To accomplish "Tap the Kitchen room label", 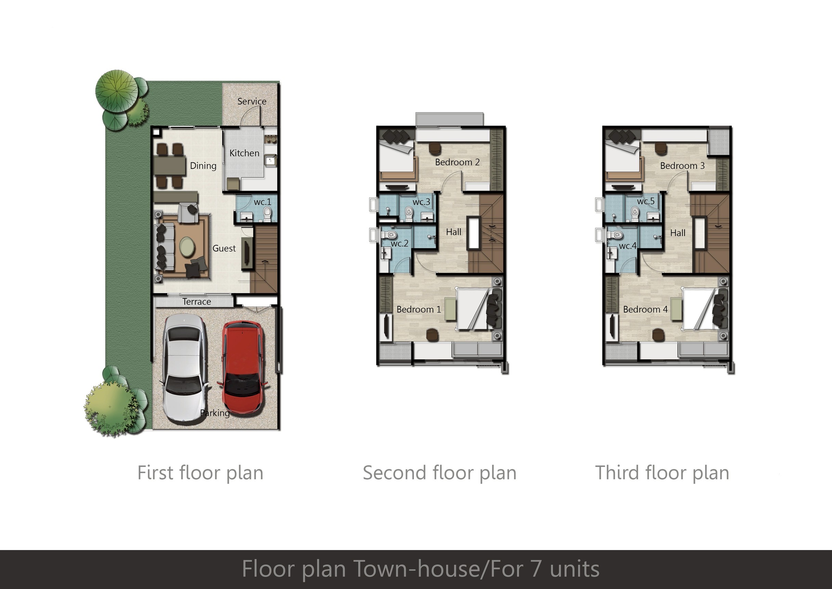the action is [x=244, y=153].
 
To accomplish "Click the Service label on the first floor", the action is [x=252, y=101].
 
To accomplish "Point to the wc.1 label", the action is [x=262, y=202].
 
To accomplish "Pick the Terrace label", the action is [x=196, y=302].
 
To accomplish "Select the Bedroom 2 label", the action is [x=457, y=162].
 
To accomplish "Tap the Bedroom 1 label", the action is [x=419, y=309].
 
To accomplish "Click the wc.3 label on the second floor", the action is [x=421, y=202].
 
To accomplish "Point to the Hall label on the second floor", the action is [x=454, y=232].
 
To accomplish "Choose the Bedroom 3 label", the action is [x=682, y=166].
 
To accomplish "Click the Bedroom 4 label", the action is [x=646, y=309].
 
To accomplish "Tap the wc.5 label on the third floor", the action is [x=646, y=201].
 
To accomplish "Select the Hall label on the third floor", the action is [x=678, y=233].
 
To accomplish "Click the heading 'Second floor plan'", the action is [x=440, y=473].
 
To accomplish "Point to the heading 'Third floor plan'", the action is [x=662, y=473].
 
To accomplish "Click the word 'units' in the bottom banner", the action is [x=575, y=569].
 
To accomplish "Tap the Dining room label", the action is [x=203, y=166].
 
